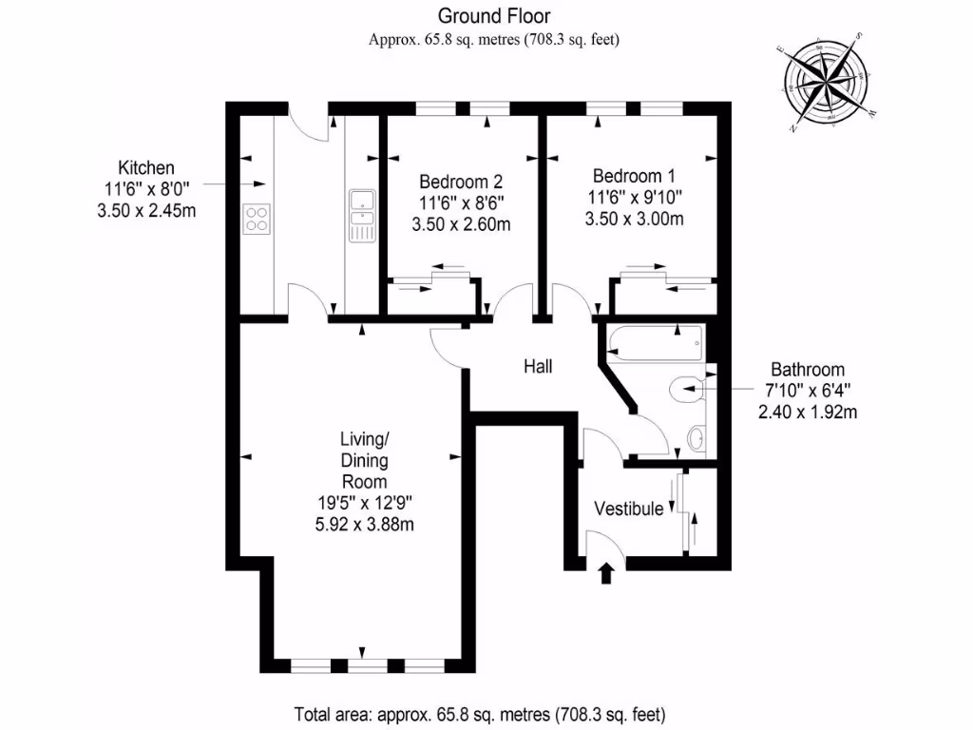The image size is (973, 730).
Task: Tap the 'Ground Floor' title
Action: tap(493, 15)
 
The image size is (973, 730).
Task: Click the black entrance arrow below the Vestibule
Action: tap(606, 572)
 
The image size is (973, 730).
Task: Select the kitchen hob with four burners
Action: tap(257, 220)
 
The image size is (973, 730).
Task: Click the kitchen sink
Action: tap(362, 214)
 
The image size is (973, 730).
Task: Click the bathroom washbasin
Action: tap(696, 438)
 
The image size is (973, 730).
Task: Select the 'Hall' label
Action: tap(538, 366)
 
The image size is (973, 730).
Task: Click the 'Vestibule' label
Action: tap(629, 509)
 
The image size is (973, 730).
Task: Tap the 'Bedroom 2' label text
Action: tap(461, 181)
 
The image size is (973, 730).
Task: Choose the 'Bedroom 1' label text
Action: tap(634, 176)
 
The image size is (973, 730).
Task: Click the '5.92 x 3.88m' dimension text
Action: tap(364, 524)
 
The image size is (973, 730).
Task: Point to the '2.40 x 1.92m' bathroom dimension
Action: tap(808, 412)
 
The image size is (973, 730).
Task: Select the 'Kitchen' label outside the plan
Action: tap(146, 168)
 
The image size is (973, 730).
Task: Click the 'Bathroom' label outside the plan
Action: tap(808, 370)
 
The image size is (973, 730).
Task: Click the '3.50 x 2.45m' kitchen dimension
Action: tap(146, 210)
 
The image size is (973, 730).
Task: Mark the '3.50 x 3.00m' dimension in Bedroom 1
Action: tap(634, 219)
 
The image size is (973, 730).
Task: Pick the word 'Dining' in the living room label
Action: tap(364, 460)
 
